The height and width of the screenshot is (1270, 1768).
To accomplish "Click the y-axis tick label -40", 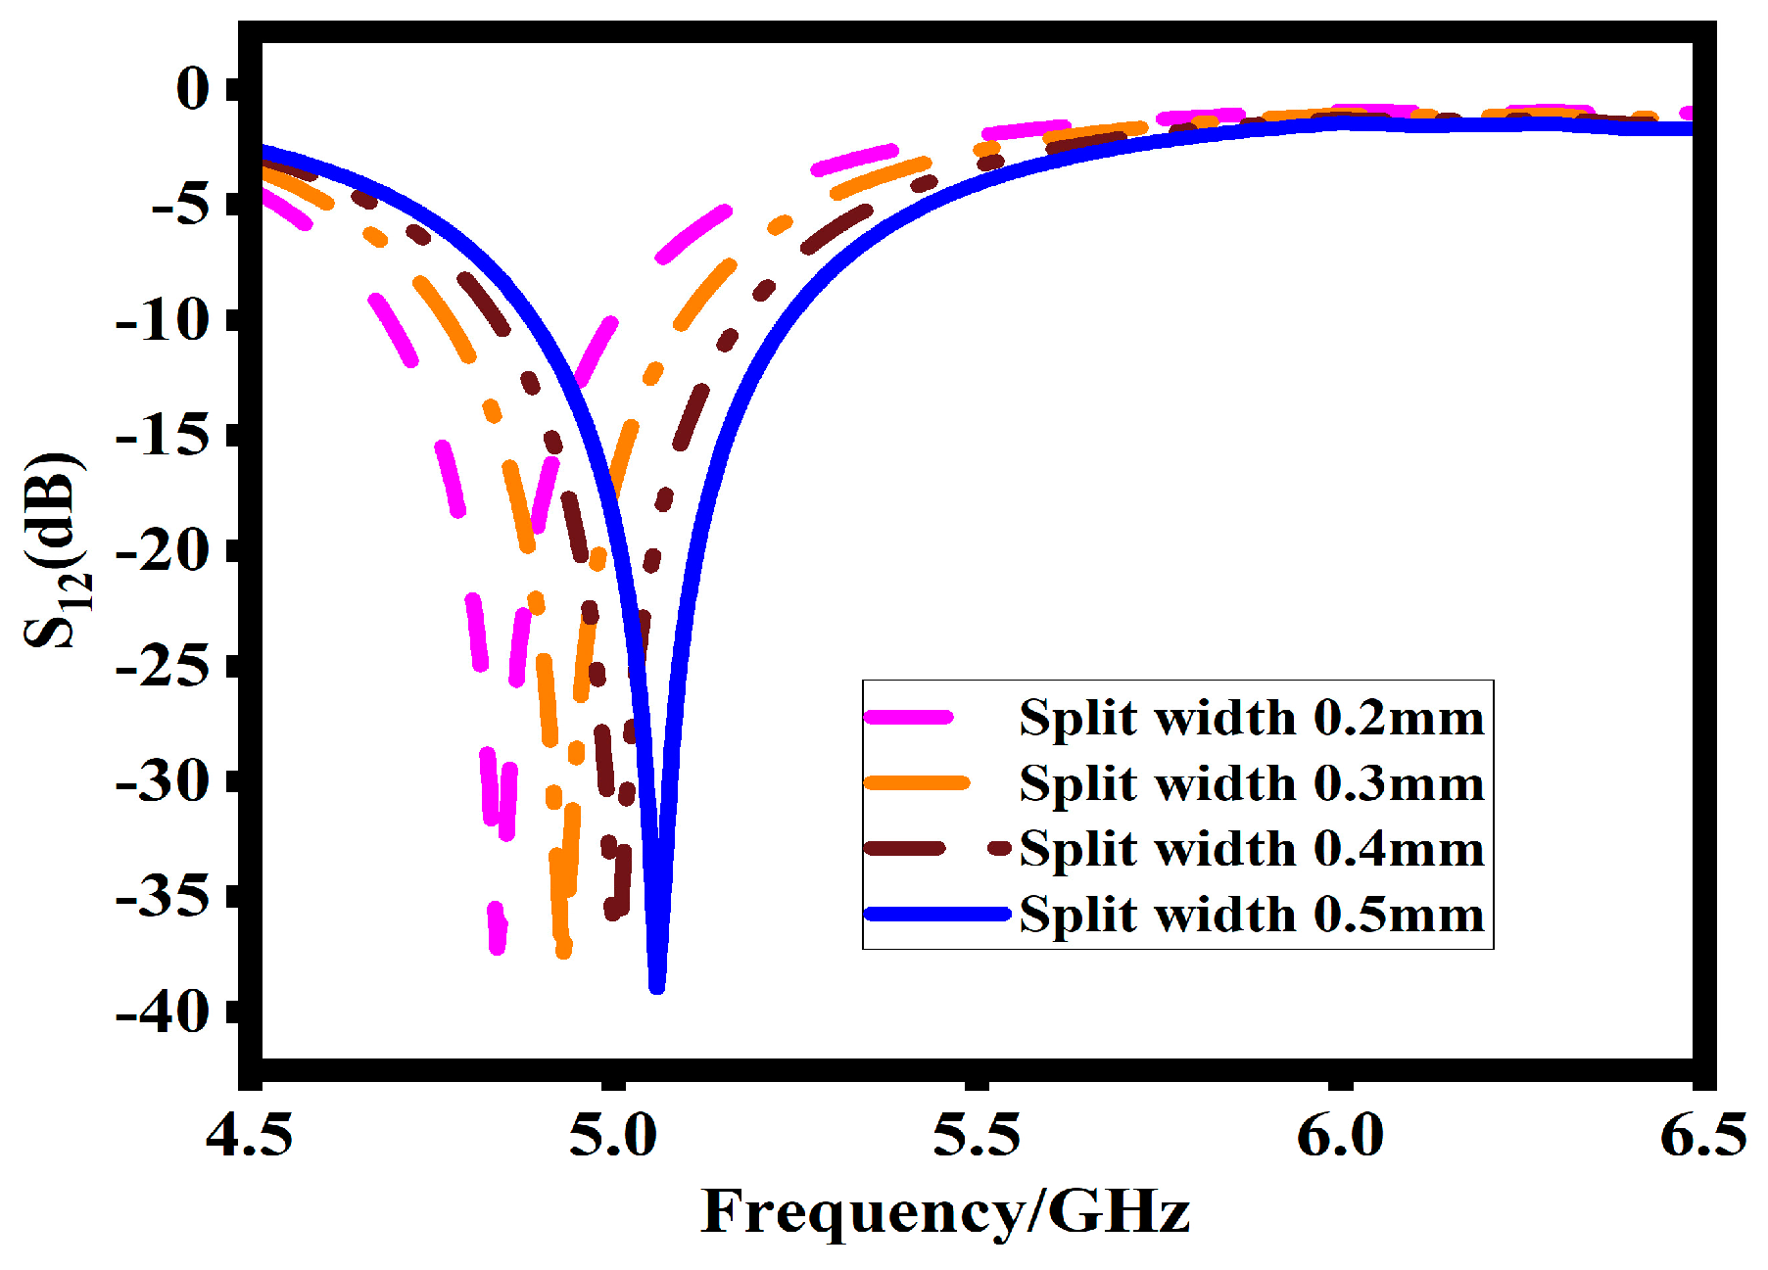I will pos(163,1012).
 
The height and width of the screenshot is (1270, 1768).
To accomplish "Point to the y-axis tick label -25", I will pos(163,667).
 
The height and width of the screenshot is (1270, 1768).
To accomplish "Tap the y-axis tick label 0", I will pos(192,89).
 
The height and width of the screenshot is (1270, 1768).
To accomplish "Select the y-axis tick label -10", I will pos(163,320).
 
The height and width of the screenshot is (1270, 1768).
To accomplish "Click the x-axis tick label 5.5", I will pos(976,1136).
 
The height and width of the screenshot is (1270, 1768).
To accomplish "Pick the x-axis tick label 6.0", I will pos(1340,1136).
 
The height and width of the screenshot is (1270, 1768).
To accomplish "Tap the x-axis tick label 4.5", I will pos(249,1136).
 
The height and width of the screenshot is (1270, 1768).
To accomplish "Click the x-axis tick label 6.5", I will pos(1702,1136).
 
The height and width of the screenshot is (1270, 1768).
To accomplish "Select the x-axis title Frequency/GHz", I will pos(945,1212).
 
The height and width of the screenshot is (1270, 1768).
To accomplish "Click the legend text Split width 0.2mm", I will pos(1252,718).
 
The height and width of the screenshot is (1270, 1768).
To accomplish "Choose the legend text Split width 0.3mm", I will pos(1252,783).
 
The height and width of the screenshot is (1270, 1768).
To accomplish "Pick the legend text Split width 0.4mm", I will pos(1252,849).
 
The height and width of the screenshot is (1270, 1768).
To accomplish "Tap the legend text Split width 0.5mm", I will pos(1252,915).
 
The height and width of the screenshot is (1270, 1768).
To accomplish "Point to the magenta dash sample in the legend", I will pos(909,718).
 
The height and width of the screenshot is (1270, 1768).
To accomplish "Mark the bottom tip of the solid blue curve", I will pos(657,987).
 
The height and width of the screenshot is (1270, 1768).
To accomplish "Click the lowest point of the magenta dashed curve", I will pos(498,947).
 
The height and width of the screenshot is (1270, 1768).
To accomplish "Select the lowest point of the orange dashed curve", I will pos(563,952).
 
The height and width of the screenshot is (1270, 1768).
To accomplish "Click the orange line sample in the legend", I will pos(917,783).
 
